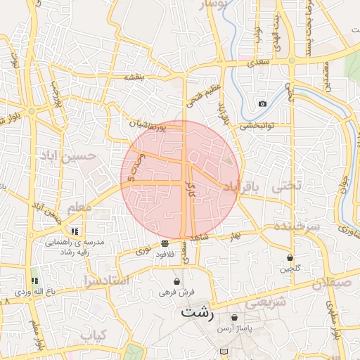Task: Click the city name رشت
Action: [197, 312]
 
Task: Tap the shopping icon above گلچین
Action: [290, 257]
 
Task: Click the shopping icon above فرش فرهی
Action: [176, 281]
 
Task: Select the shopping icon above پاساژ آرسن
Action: [233, 317]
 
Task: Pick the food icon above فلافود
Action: [165, 243]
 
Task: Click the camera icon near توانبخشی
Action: [262, 104]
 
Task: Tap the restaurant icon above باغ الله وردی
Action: [34, 281]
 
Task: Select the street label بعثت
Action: [134, 76]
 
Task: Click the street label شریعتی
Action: [268, 302]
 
